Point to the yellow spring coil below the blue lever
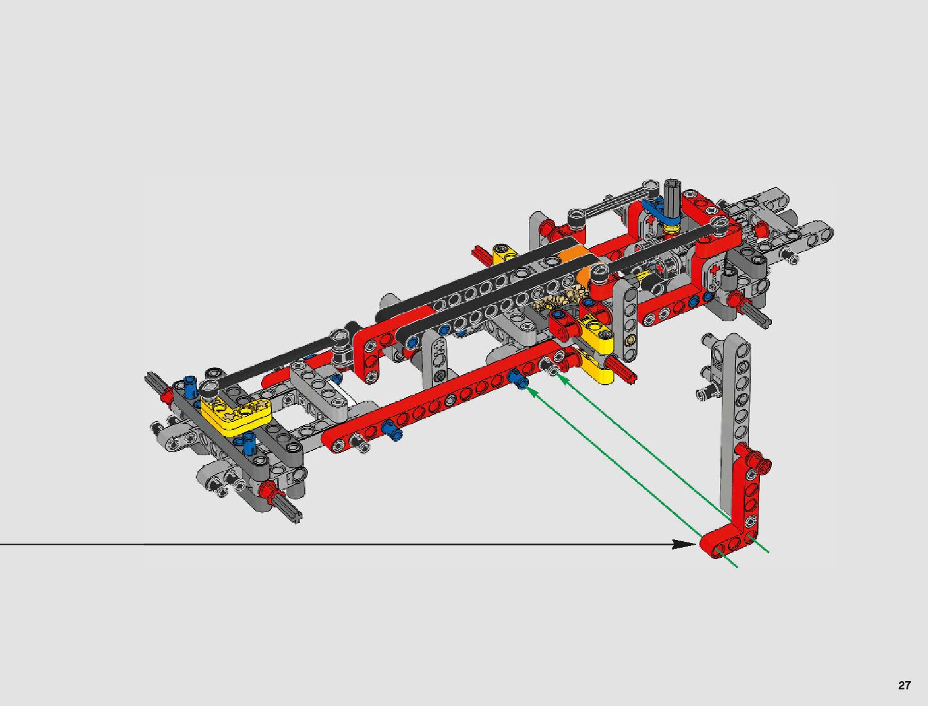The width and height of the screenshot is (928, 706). (x=671, y=229)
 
